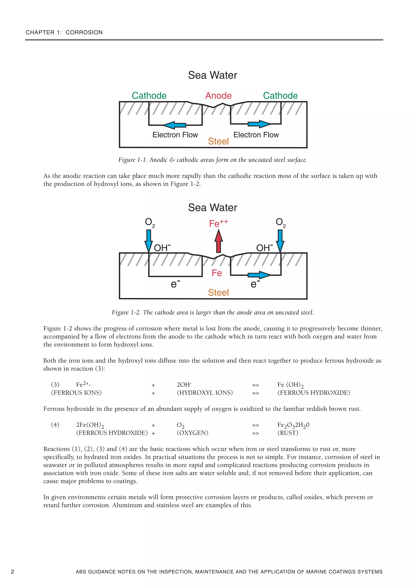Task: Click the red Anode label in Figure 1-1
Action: [218, 96]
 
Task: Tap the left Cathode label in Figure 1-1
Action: [149, 96]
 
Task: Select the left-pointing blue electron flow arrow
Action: [174, 125]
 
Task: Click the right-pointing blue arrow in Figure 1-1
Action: [259, 124]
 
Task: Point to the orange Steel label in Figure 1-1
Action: [218, 141]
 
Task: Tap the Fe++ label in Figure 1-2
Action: [218, 223]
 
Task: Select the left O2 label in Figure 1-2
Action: [150, 222]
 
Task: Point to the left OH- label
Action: [162, 248]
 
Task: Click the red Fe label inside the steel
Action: [217, 273]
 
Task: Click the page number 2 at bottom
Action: [13, 572]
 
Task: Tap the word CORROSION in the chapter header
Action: [84, 32]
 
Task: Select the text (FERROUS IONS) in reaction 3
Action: [76, 393]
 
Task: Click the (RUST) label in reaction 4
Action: [288, 433]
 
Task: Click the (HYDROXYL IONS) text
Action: [205, 393]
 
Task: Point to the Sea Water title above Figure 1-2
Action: [212, 207]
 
